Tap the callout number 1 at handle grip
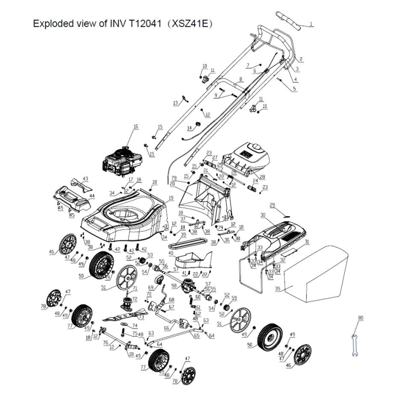point(311,24)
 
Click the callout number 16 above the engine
point(135,127)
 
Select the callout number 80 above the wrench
point(360,318)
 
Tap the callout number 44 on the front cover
point(92,195)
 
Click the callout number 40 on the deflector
point(171,252)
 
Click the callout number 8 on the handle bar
point(241,79)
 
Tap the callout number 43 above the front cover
point(85,179)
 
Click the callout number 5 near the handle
point(295,89)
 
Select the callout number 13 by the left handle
point(176,103)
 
